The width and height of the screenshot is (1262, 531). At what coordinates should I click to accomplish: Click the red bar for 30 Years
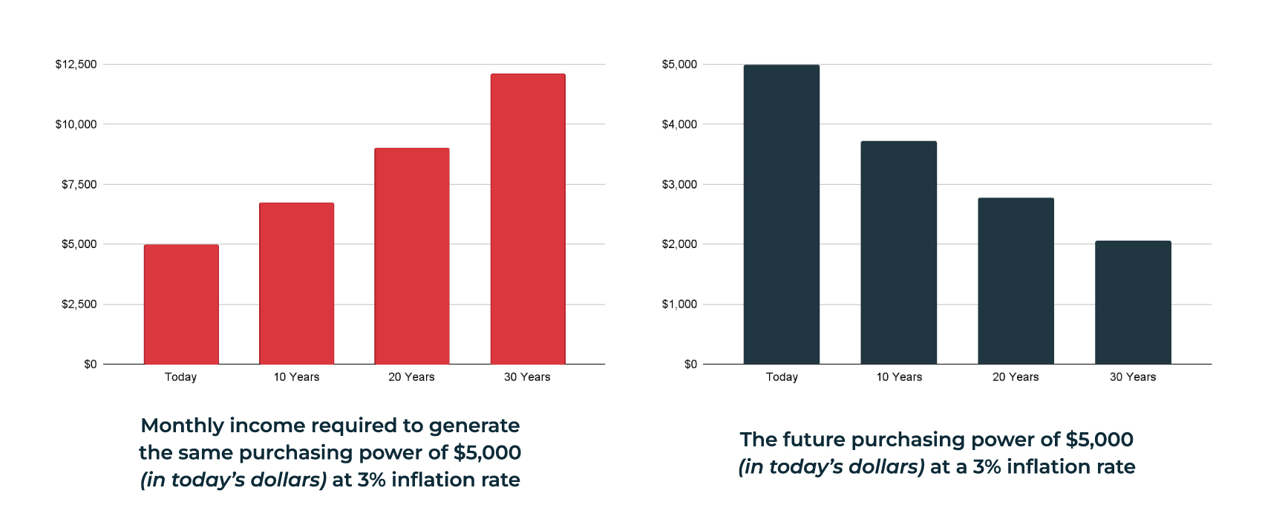pyautogui.click(x=528, y=219)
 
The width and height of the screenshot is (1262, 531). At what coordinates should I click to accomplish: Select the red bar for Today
pyautogui.click(x=181, y=304)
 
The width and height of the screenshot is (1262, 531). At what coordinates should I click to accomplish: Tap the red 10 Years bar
pyautogui.click(x=296, y=284)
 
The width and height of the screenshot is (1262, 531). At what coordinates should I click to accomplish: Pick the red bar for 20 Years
pyautogui.click(x=412, y=256)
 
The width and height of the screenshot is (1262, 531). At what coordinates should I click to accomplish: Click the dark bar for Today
pyautogui.click(x=782, y=215)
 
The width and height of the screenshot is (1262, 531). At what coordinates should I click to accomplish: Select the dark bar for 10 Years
pyautogui.click(x=898, y=253)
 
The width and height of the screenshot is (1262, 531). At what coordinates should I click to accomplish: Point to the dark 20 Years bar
pyautogui.click(x=1016, y=281)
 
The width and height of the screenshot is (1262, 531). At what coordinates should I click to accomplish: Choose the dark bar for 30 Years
pyautogui.click(x=1133, y=302)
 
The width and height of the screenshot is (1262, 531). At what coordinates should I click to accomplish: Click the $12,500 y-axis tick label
pyautogui.click(x=76, y=65)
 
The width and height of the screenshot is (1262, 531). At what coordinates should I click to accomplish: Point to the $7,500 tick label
pyautogui.click(x=79, y=184)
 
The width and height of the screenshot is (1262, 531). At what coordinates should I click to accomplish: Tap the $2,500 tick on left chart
pyautogui.click(x=79, y=304)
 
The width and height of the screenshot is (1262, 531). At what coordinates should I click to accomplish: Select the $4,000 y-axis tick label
pyautogui.click(x=679, y=124)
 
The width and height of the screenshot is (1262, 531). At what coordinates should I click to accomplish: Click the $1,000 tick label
pyautogui.click(x=679, y=304)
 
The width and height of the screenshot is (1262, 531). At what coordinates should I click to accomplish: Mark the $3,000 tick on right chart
pyautogui.click(x=679, y=184)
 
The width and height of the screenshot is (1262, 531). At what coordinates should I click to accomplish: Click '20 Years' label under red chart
pyautogui.click(x=411, y=377)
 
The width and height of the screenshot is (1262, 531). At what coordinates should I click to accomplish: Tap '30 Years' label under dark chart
pyautogui.click(x=1133, y=377)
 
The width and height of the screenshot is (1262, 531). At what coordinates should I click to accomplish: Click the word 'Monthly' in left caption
pyautogui.click(x=182, y=426)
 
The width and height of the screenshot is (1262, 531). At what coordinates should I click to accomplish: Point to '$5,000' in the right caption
pyautogui.click(x=1099, y=440)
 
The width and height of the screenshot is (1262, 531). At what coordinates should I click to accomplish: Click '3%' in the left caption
pyautogui.click(x=371, y=480)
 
